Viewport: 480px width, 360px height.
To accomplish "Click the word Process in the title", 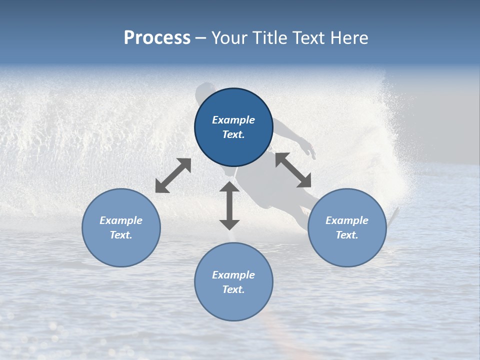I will point(157,38).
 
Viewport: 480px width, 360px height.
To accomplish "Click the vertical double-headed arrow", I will point(229,205).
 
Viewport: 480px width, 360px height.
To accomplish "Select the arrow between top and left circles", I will point(173,175).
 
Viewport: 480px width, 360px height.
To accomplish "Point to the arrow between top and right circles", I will point(293,170).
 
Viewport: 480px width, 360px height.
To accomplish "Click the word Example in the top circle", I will point(233,120).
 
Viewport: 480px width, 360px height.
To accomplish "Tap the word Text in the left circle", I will point(121,235).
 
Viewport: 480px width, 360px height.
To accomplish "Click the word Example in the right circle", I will point(347,220).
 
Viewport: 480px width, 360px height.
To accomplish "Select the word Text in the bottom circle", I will point(233,289).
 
